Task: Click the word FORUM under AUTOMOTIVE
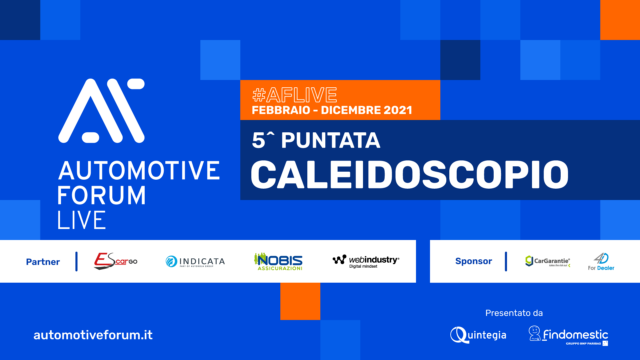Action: [x=102, y=193]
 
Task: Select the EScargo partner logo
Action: [x=115, y=261]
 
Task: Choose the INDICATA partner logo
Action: [x=195, y=261]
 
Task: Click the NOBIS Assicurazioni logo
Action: [x=279, y=261]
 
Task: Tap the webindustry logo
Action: [x=365, y=261]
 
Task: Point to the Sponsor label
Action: [x=472, y=261]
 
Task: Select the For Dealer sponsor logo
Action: [x=601, y=261]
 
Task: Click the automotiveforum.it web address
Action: [x=93, y=332]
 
